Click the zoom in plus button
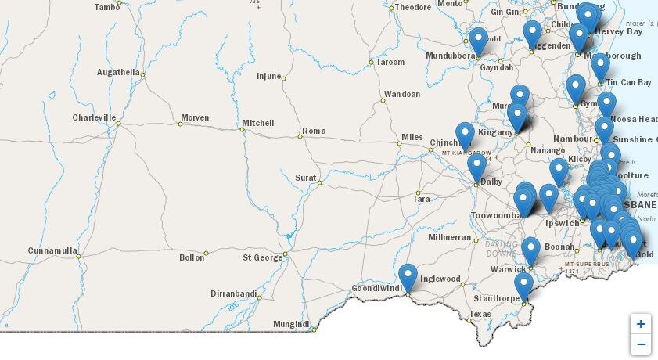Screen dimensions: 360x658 coord(641,324)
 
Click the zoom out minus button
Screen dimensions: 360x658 coord(641,344)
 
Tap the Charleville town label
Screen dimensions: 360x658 coord(94,117)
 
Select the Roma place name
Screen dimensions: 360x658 coord(314,131)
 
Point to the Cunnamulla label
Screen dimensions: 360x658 coord(52,250)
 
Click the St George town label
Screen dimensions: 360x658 coord(262,257)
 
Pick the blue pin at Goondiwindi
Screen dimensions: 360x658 coord(408,277)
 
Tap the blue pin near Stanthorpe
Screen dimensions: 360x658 coord(523,286)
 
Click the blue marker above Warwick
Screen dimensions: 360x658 coord(530,250)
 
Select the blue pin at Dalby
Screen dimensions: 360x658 coord(476,167)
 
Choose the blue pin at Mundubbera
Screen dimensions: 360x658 coord(478,41)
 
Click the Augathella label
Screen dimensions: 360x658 coord(118,72)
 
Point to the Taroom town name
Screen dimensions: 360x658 coord(390,62)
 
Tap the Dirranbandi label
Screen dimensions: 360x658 coord(234,293)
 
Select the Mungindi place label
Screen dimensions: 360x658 coord(291,324)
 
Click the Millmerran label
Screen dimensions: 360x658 coord(450,237)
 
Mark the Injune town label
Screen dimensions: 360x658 coord(273,76)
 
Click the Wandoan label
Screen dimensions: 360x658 coord(402,94)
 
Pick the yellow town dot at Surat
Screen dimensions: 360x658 coord(319,182)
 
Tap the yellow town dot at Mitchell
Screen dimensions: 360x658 coord(243,130)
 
